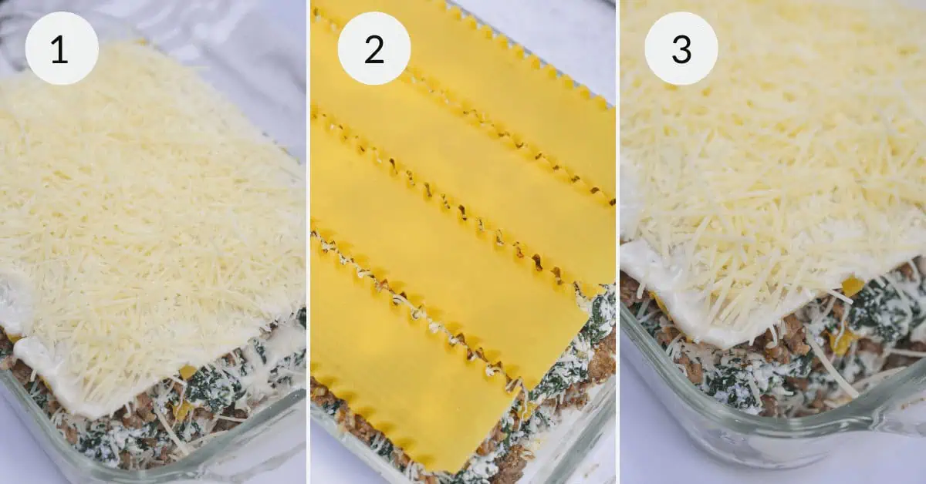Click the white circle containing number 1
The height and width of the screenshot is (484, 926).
[x=62, y=48]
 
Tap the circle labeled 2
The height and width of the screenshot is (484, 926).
[x=373, y=48]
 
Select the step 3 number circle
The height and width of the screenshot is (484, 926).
[x=681, y=48]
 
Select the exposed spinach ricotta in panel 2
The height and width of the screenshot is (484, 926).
[x=598, y=324]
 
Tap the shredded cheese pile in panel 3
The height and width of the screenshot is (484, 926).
[x=772, y=154]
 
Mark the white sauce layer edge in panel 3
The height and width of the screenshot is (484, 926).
[x=679, y=308]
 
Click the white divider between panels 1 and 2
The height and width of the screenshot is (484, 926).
[x=308, y=242]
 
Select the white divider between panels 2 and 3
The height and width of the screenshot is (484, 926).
[x=617, y=242]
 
